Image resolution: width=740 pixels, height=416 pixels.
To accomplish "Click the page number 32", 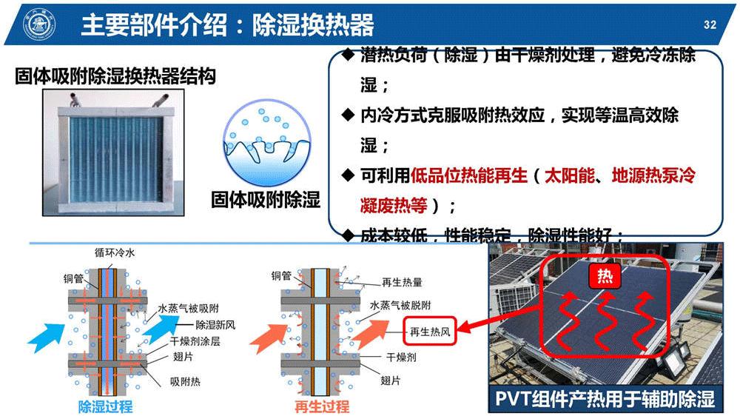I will pyautogui.click(x=710, y=25).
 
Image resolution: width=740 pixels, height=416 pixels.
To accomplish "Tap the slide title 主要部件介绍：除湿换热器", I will pyautogui.click(x=227, y=25).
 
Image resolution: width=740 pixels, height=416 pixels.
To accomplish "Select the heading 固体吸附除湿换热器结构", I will pyautogui.click(x=115, y=76).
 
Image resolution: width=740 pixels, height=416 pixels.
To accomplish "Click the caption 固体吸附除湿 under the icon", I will pyautogui.click(x=266, y=198).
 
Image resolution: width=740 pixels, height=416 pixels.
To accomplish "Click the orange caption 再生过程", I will pyautogui.click(x=321, y=406).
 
